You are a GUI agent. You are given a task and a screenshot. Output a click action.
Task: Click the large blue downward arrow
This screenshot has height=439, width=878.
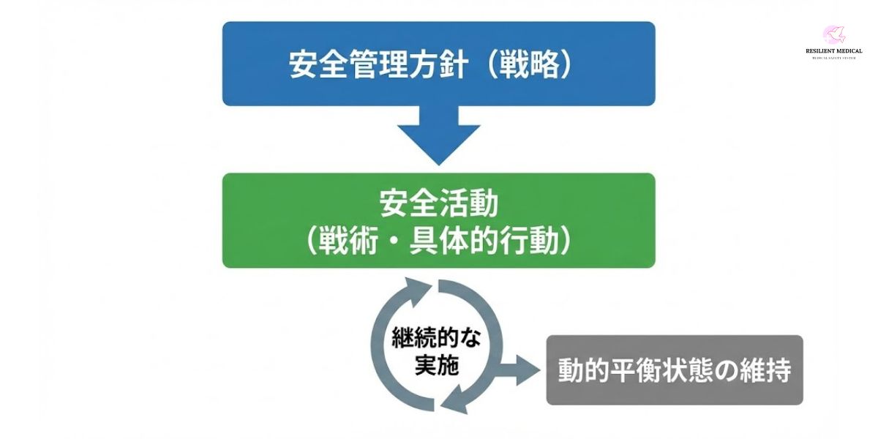[x=439, y=135]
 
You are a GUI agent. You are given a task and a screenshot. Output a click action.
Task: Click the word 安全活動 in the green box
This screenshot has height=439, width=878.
[x=439, y=204]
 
